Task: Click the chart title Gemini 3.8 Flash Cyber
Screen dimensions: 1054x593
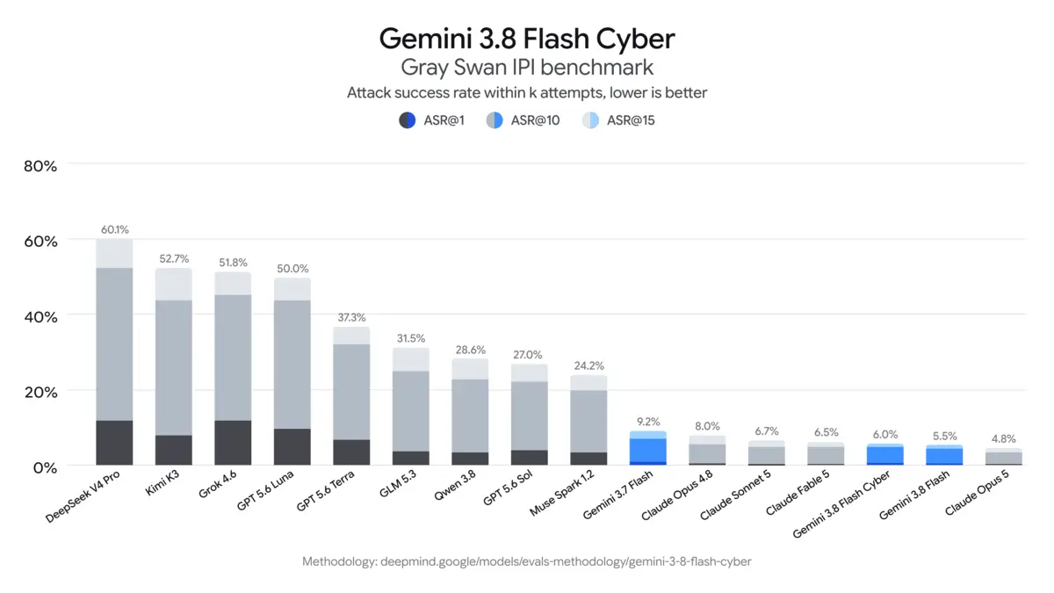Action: (x=527, y=39)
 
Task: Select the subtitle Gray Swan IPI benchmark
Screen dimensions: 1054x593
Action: (x=527, y=68)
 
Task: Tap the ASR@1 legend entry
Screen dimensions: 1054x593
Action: (x=431, y=120)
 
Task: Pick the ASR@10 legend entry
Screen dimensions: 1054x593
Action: (x=523, y=120)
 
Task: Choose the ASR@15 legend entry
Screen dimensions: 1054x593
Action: (x=617, y=120)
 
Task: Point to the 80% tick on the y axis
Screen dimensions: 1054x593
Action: (x=40, y=166)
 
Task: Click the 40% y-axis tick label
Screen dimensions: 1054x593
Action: (x=40, y=317)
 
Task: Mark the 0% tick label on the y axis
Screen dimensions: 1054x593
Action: (x=45, y=467)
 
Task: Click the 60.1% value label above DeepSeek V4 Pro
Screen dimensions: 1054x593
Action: (x=115, y=229)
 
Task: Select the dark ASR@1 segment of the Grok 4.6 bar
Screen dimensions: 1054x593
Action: (x=233, y=443)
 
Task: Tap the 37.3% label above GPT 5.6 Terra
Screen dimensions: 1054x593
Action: (x=351, y=318)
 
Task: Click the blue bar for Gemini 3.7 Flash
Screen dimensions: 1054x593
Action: (x=648, y=448)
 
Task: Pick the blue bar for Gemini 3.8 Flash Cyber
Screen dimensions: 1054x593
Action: (x=885, y=454)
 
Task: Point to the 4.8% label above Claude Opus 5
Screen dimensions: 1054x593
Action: (x=1004, y=439)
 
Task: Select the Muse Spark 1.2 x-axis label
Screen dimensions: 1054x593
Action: (x=562, y=493)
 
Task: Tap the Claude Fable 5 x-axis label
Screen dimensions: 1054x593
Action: (x=798, y=493)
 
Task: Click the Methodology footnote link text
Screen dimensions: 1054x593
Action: (x=526, y=561)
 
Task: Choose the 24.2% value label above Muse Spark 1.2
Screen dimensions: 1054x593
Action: (x=588, y=366)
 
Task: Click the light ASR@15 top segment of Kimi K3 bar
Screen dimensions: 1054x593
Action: (x=174, y=285)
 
